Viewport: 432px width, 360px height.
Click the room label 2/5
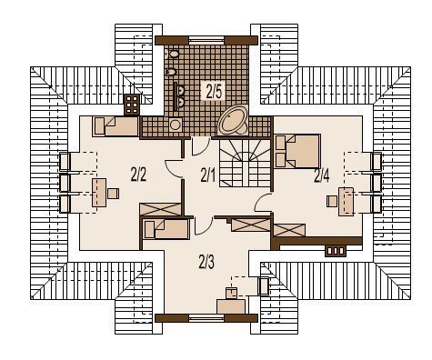(x=214, y=91)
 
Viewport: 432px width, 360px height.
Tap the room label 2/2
(x=138, y=175)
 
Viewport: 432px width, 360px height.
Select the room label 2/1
(x=208, y=175)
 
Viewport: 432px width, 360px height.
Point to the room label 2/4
(x=322, y=175)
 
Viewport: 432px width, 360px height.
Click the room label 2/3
(x=206, y=262)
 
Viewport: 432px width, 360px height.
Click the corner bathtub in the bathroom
(x=234, y=120)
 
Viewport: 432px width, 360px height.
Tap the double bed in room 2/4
(x=297, y=151)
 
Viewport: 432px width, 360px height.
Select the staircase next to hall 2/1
(x=245, y=163)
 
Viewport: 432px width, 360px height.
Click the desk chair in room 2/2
(x=113, y=194)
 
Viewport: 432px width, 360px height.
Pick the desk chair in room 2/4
(x=332, y=201)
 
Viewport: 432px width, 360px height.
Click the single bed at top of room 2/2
(x=116, y=126)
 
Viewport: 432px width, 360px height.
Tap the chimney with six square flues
(x=132, y=105)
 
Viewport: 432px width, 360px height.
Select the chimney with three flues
(x=336, y=251)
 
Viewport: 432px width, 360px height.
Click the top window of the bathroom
(x=206, y=40)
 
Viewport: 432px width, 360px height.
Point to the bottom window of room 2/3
(x=206, y=317)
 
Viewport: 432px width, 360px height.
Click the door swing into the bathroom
(x=202, y=146)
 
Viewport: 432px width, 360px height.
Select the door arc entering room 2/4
(x=263, y=203)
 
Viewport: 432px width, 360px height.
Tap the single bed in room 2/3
(x=166, y=229)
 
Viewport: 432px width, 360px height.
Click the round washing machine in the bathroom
(x=176, y=125)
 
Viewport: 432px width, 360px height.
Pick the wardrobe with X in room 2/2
(x=160, y=210)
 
